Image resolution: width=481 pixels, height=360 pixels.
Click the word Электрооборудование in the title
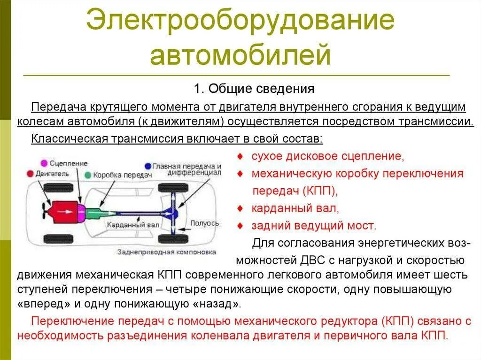(x=240, y=23)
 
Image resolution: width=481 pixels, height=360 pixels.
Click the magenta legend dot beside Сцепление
(x=44, y=163)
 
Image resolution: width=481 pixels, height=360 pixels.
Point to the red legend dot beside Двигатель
(x=31, y=174)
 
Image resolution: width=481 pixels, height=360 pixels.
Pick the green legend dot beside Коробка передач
(x=88, y=175)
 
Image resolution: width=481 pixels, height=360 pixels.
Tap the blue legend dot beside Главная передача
(x=148, y=166)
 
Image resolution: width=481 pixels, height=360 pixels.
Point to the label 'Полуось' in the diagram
(x=204, y=223)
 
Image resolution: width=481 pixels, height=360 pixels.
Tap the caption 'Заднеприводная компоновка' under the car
(x=167, y=252)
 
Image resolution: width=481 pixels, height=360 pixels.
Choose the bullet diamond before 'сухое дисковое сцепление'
(x=240, y=156)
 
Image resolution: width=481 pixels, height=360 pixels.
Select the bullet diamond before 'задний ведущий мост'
(x=240, y=226)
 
